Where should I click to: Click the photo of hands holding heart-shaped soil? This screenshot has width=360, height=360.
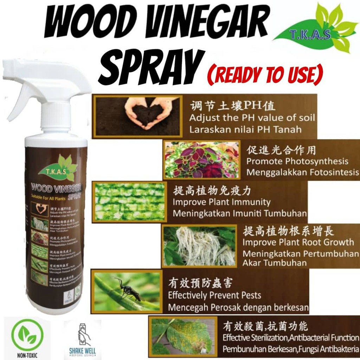point(138,116)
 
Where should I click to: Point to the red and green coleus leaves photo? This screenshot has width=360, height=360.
point(202,160)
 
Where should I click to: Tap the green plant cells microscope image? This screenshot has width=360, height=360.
point(129,201)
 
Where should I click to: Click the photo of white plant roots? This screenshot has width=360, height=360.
point(200,246)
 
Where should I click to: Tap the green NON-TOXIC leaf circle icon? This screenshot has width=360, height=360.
point(27,334)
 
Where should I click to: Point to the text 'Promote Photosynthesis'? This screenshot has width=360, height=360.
point(297,161)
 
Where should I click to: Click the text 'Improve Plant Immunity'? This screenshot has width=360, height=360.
point(221,202)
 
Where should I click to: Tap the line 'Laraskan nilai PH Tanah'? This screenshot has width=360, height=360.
point(245,129)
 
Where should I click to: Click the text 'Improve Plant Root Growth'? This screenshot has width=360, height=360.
point(298,242)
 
